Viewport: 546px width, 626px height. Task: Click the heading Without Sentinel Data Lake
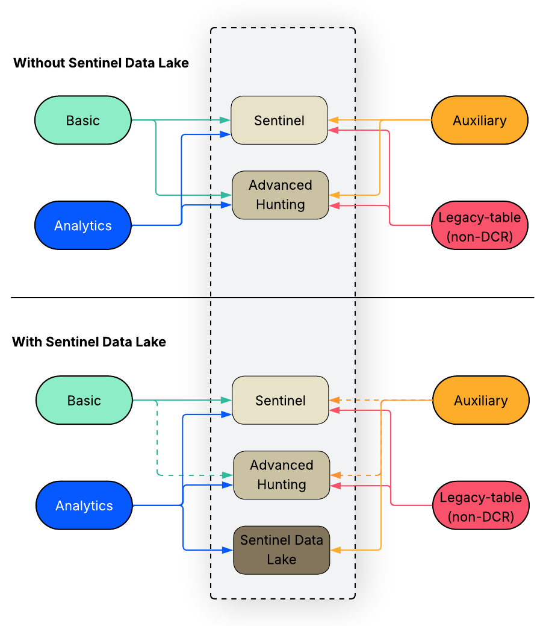pyautogui.click(x=101, y=63)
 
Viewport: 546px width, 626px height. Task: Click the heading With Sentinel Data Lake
pyautogui.click(x=89, y=342)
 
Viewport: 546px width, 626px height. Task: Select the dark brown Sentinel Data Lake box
pyautogui.click(x=281, y=550)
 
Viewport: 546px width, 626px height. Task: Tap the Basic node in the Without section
pyautogui.click(x=83, y=121)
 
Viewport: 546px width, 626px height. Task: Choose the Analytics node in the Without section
pyautogui.click(x=83, y=226)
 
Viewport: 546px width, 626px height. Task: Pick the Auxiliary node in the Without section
pyautogui.click(x=480, y=121)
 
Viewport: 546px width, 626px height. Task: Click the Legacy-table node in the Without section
pyautogui.click(x=480, y=226)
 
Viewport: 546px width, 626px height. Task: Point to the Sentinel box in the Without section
pyautogui.click(x=279, y=121)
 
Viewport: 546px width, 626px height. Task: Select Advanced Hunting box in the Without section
pyautogui.click(x=281, y=195)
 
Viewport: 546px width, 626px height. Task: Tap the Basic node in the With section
pyautogui.click(x=84, y=401)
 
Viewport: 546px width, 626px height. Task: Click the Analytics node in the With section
pyautogui.click(x=84, y=506)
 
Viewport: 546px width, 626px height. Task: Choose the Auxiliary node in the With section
pyautogui.click(x=481, y=401)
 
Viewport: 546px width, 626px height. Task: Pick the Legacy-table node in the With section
pyautogui.click(x=481, y=506)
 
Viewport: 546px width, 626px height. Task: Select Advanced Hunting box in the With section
pyautogui.click(x=282, y=475)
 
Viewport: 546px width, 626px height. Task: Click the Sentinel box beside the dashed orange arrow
pyautogui.click(x=281, y=401)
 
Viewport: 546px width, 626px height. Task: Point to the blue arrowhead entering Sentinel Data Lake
pyautogui.click(x=228, y=550)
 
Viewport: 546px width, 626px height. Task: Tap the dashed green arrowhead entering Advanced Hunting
pyautogui.click(x=228, y=475)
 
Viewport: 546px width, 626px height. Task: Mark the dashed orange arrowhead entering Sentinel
pyautogui.click(x=334, y=400)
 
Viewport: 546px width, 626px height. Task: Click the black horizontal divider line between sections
pyautogui.click(x=272, y=298)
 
